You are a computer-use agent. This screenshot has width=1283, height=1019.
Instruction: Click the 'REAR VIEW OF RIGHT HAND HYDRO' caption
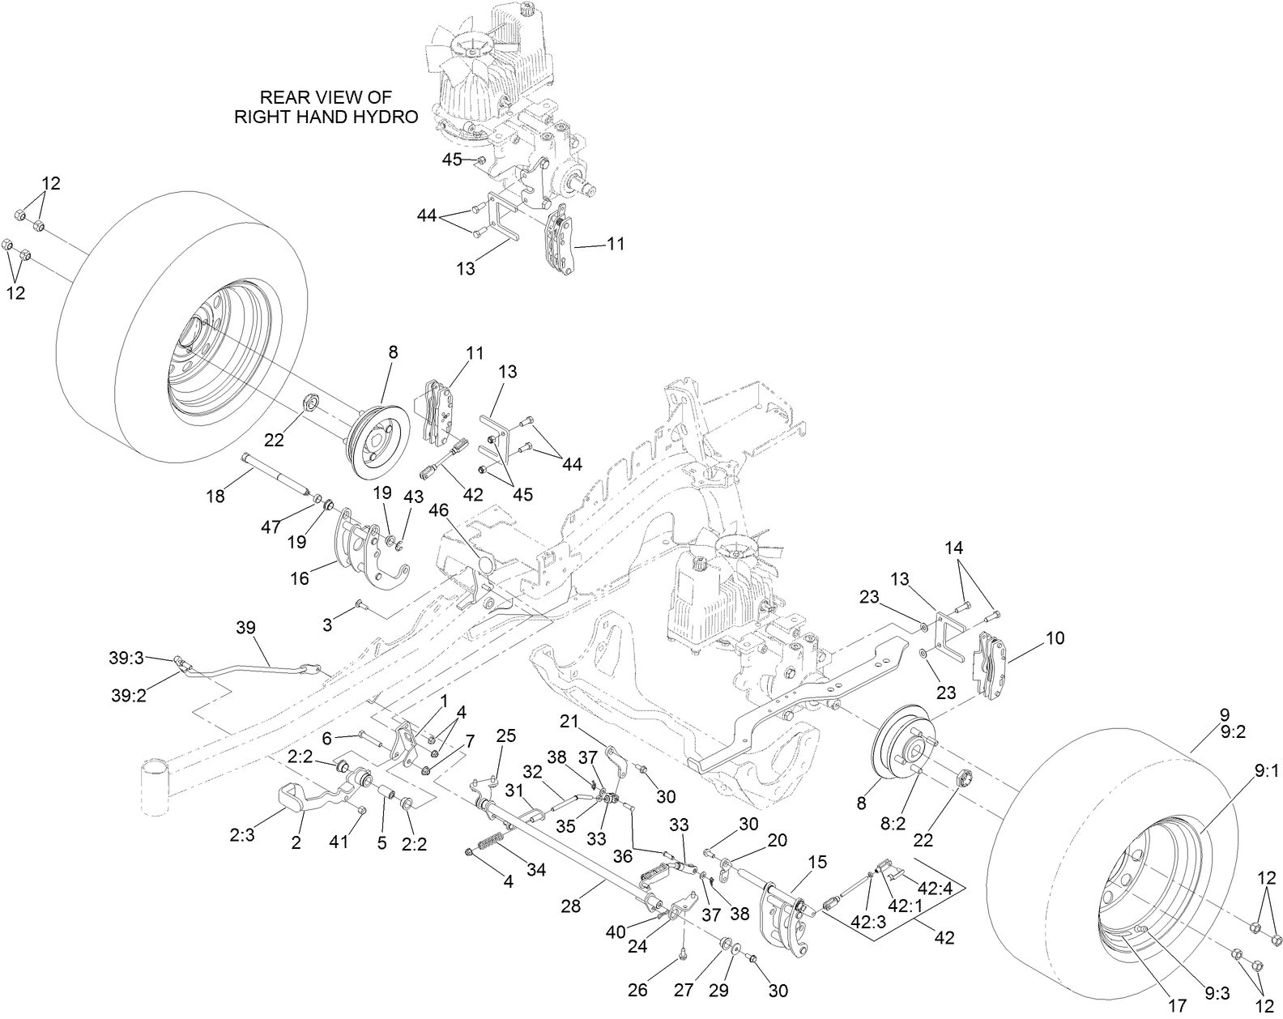pyautogui.click(x=326, y=106)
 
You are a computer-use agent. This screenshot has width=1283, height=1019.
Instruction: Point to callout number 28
pyautogui.click(x=571, y=906)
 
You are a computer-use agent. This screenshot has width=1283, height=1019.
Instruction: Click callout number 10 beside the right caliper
pyautogui.click(x=1055, y=638)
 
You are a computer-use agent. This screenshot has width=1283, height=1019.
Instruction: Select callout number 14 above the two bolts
pyautogui.click(x=954, y=548)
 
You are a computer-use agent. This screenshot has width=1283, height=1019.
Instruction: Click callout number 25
pyautogui.click(x=505, y=736)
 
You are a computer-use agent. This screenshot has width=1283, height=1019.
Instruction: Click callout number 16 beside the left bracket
pyautogui.click(x=300, y=578)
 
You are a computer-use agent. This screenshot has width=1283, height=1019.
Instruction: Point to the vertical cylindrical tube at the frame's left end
pyautogui.click(x=155, y=786)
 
